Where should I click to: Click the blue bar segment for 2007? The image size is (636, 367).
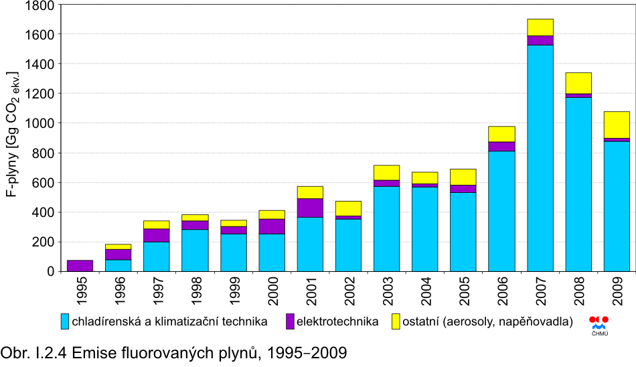(540, 158)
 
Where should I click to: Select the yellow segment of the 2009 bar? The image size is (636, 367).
(617, 125)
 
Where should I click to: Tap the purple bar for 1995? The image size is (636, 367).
(80, 266)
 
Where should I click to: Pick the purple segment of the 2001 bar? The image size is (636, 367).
(310, 208)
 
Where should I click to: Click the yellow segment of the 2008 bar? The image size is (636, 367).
(578, 83)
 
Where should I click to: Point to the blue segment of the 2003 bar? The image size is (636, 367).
(387, 228)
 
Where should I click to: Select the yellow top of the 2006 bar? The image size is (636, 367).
(502, 134)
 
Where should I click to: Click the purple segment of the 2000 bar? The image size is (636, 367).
(272, 226)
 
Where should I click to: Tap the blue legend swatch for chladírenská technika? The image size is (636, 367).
(65, 321)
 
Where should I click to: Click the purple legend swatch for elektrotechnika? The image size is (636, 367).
(291, 321)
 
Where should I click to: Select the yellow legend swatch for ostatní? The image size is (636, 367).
(395, 321)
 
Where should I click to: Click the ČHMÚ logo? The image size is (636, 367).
(599, 323)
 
